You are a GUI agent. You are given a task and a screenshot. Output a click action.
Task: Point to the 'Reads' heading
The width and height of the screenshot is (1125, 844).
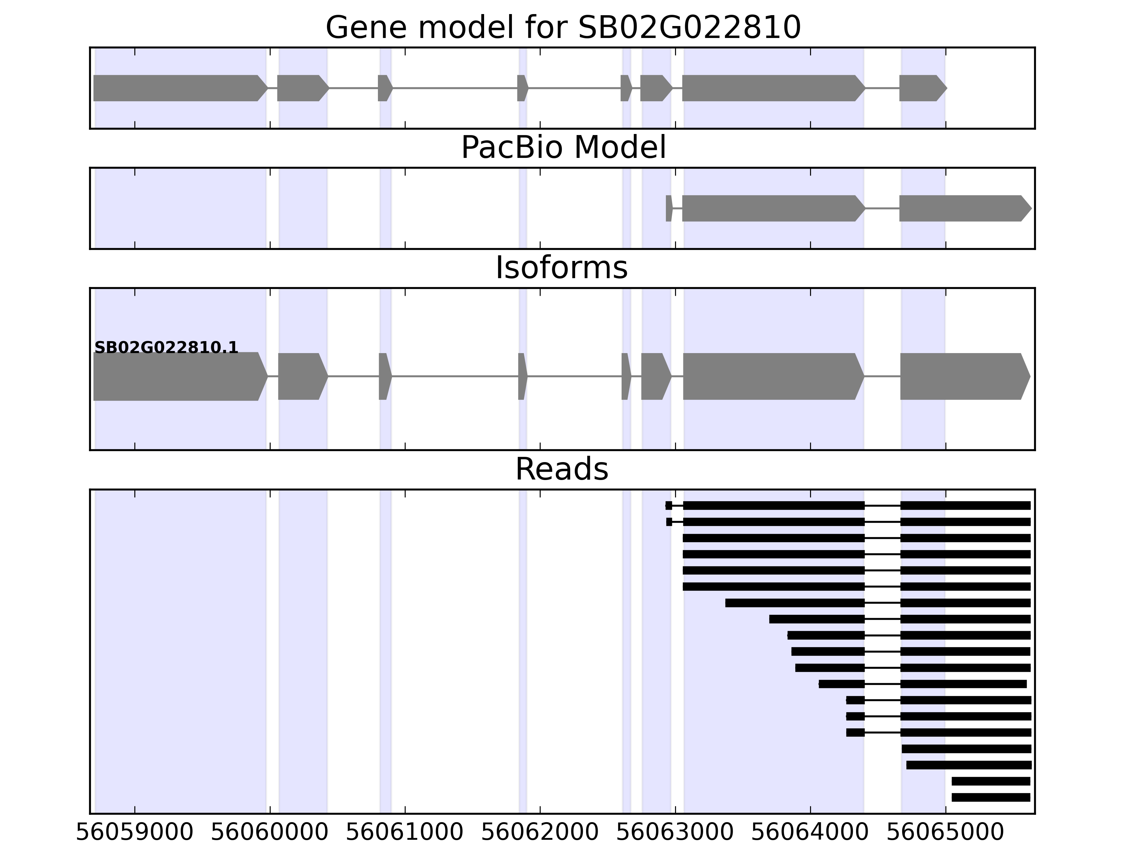[561, 469]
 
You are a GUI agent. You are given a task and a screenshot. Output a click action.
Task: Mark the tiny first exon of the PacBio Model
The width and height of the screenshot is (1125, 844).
[669, 208]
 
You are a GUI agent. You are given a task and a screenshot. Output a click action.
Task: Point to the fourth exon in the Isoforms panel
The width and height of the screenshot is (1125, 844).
[522, 377]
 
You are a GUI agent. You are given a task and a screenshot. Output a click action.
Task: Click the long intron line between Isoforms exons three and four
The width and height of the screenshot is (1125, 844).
[455, 377]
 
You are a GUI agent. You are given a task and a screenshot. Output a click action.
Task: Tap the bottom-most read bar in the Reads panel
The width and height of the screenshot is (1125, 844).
[991, 797]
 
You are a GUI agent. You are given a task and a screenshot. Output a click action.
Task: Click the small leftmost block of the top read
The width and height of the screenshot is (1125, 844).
[669, 506]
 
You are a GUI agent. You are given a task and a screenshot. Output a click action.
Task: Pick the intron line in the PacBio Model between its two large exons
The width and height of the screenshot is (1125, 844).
[882, 208]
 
